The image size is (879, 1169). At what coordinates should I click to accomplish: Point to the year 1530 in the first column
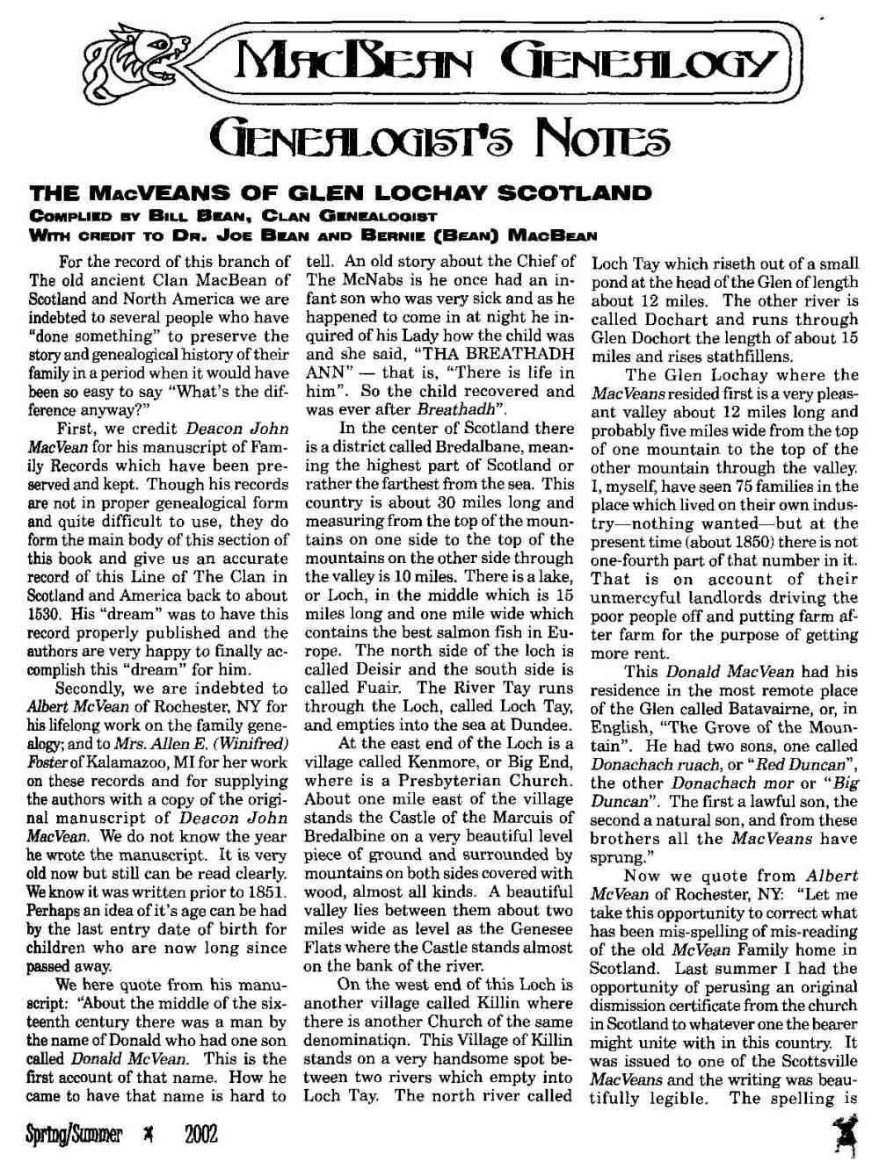pos(46,614)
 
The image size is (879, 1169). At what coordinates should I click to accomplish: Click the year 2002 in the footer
pos(200,1136)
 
